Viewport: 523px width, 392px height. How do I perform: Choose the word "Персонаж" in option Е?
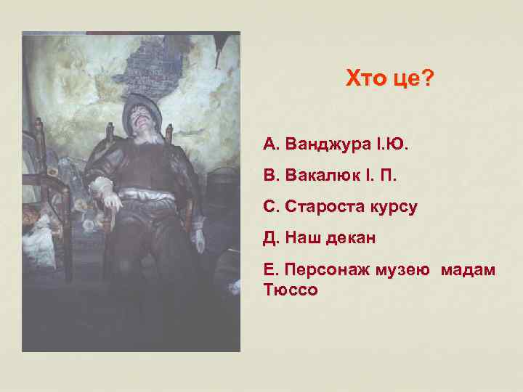coord(327,270)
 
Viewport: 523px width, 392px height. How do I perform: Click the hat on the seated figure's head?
coord(142,107)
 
